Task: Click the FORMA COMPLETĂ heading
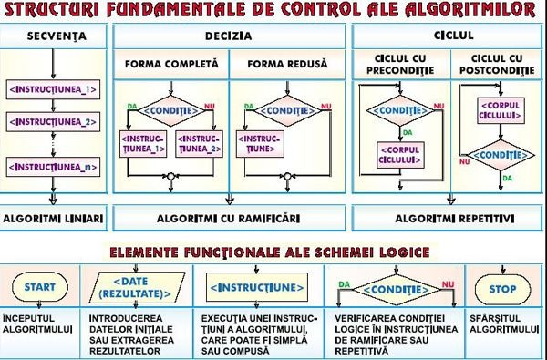click(171, 65)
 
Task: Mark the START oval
click(39, 287)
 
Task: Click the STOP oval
click(503, 289)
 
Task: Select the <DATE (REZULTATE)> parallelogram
click(141, 287)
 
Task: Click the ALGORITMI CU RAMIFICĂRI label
click(229, 219)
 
